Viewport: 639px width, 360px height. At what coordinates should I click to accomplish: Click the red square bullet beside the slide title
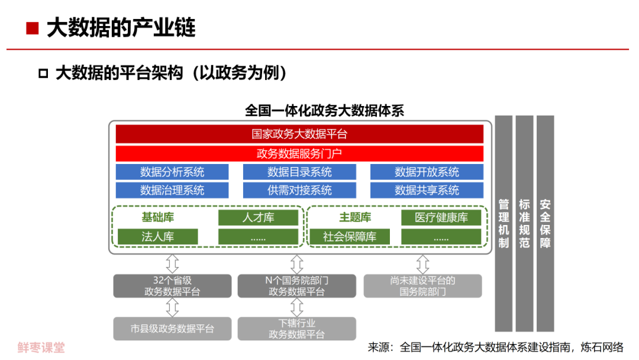[32, 28]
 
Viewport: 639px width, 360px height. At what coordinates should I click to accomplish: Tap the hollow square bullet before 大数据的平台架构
[43, 73]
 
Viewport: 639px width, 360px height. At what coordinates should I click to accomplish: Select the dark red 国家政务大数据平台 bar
[299, 134]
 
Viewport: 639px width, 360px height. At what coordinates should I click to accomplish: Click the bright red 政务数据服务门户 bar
[299, 154]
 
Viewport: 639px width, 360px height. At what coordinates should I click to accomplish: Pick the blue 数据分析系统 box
[172, 172]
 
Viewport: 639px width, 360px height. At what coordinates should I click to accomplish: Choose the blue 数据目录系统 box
[299, 172]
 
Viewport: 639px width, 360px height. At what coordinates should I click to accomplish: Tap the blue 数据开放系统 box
[427, 172]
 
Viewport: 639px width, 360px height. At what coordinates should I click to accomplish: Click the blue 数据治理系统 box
[172, 190]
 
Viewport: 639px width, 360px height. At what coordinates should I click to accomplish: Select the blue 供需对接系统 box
[299, 190]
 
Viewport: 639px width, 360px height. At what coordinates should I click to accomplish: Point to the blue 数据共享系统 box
[427, 190]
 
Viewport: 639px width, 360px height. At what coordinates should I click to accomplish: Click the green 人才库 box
[259, 218]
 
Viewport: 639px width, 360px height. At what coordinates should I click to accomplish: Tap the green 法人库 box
[158, 236]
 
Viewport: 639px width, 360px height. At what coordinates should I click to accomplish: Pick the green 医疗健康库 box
[441, 218]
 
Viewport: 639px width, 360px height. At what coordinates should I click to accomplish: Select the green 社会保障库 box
[350, 236]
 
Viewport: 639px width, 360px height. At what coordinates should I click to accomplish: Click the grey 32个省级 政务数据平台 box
[172, 286]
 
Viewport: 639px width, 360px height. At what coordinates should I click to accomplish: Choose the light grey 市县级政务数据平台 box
[172, 329]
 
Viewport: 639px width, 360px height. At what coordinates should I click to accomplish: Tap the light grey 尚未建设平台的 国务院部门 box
[422, 286]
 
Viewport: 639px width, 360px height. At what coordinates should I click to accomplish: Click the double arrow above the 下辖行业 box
[296, 307]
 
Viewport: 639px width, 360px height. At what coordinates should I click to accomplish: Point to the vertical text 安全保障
[546, 223]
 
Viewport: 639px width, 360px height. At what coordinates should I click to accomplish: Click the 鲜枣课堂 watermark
[41, 348]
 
